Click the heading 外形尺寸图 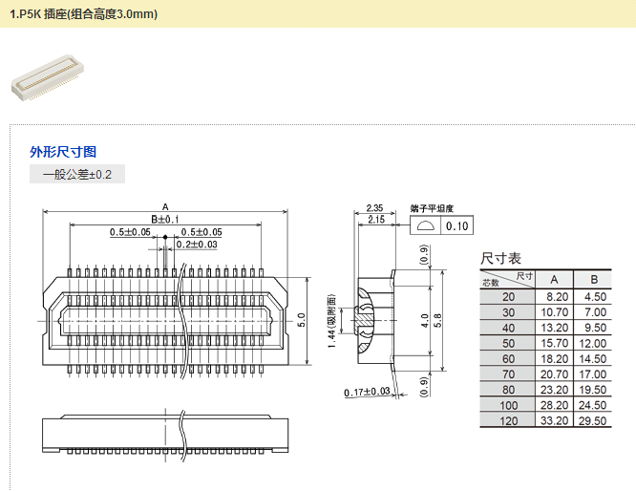coord(63,152)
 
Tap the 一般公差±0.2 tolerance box coord(77,174)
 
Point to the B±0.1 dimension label coord(165,220)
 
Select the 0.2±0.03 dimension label coord(197,245)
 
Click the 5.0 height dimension coord(301,317)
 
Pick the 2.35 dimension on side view coord(374,207)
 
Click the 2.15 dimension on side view coord(374,220)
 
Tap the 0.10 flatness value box coord(457,225)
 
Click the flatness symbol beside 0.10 coord(426,225)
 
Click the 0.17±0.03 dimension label coord(367,392)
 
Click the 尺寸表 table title coord(500,258)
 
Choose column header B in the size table coord(593,279)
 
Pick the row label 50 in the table coord(507,343)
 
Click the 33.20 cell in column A coord(554,419)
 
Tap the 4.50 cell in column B coord(593,297)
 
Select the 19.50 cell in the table coord(593,389)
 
